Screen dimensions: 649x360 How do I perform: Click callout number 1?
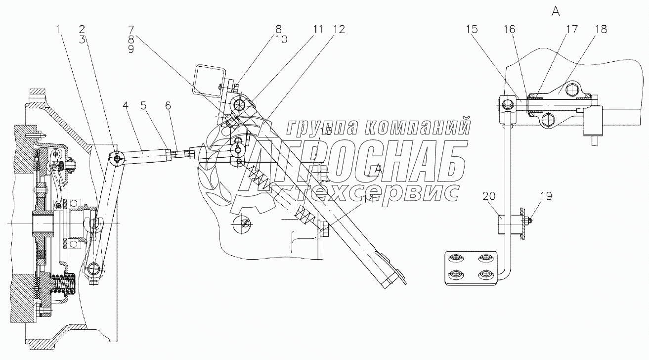(x=59, y=29)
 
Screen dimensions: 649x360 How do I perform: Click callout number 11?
(x=317, y=29)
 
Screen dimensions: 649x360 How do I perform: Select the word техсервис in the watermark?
(x=381, y=192)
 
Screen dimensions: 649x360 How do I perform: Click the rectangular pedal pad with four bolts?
(x=470, y=269)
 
